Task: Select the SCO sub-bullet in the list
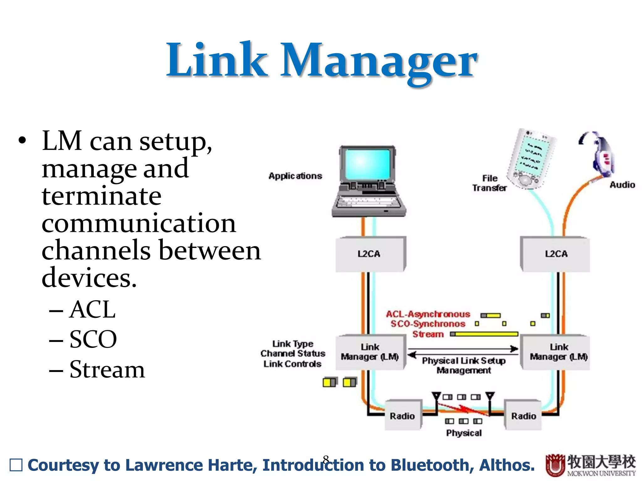tap(93, 339)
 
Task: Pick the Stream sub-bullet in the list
tap(107, 370)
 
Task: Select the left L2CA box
tap(370, 254)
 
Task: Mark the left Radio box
tap(403, 416)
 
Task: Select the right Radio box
tap(523, 416)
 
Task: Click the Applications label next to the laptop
tap(295, 176)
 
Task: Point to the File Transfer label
tap(489, 183)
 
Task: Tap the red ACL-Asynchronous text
tap(428, 314)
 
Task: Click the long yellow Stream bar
tap(486, 334)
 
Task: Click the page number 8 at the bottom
tap(326, 459)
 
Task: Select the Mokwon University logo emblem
tap(555, 465)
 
